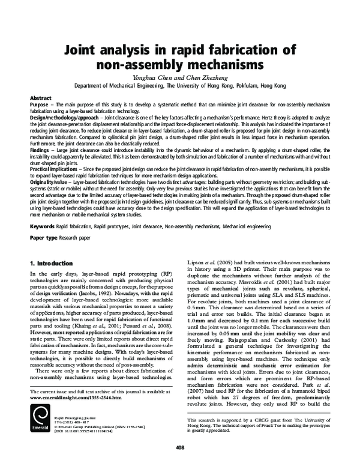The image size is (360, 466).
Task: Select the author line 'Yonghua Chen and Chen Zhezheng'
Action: pos(179,77)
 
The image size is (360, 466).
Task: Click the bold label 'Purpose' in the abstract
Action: pos(40,104)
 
